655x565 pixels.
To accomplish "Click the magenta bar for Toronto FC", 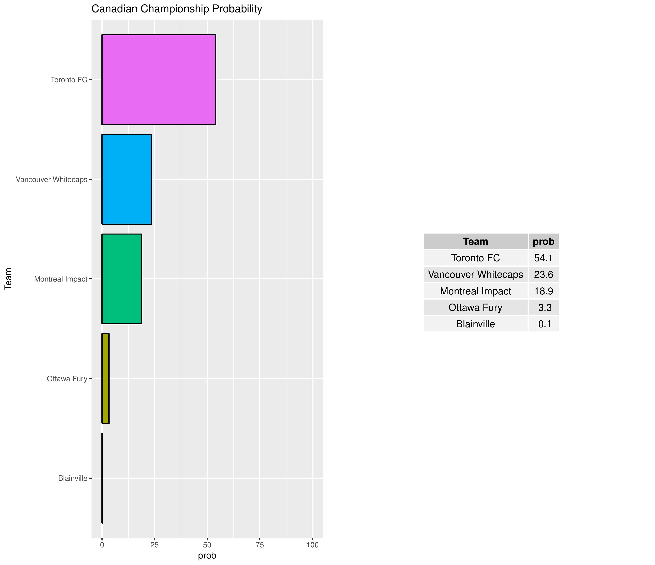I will pyautogui.click(x=159, y=79).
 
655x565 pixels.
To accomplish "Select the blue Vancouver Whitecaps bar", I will pyautogui.click(x=127, y=179).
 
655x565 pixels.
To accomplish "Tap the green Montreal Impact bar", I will pyautogui.click(x=122, y=279).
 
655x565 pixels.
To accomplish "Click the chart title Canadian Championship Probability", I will pyautogui.click(x=177, y=9).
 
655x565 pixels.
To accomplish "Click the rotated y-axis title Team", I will pyautogui.click(x=8, y=279).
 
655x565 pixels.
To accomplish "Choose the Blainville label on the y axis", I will pyautogui.click(x=72, y=478).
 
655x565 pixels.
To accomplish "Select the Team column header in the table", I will pyautogui.click(x=475, y=242).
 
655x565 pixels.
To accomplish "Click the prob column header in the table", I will pyautogui.click(x=543, y=242).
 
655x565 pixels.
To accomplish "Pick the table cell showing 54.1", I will pyautogui.click(x=543, y=258).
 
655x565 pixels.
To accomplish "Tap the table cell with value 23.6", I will pyautogui.click(x=543, y=274).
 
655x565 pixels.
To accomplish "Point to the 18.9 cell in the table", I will pyautogui.click(x=543, y=291).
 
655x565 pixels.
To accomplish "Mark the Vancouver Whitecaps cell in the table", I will pyautogui.click(x=475, y=274).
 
